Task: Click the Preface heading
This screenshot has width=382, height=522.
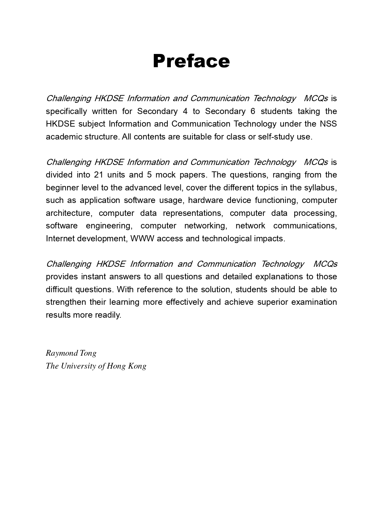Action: tap(191, 61)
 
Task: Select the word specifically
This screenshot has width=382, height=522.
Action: tap(67, 111)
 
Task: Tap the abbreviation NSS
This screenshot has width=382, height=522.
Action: tap(328, 124)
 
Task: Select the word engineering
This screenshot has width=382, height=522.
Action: tap(108, 226)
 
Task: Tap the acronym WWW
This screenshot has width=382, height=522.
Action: tap(142, 239)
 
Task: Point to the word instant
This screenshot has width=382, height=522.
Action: tap(93, 277)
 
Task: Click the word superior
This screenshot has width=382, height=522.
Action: tap(272, 302)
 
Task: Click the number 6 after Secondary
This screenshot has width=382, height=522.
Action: tap(253, 111)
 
